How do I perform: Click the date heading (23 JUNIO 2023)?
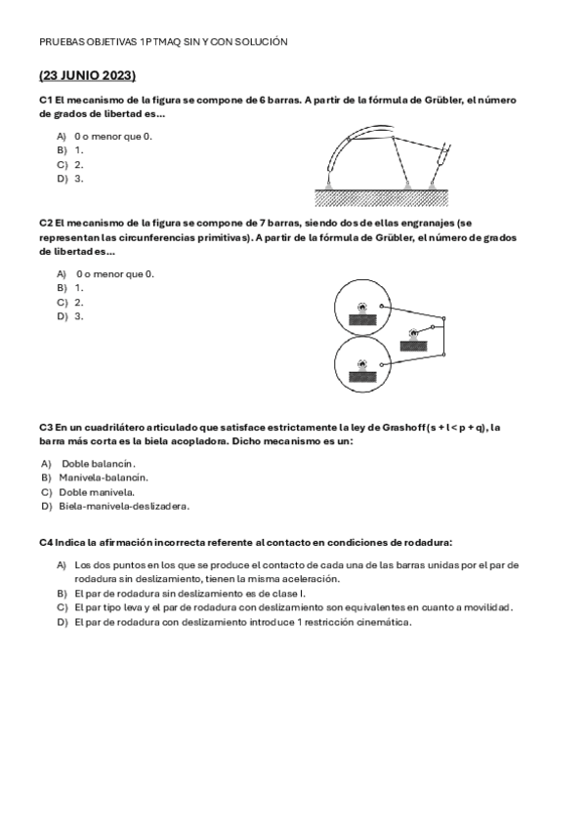tap(87, 75)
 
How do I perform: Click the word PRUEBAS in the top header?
tap(59, 42)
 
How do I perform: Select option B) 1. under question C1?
tap(70, 150)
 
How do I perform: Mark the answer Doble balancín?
tap(99, 463)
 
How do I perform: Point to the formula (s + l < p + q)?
tap(450, 428)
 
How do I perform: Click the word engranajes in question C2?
tap(422, 223)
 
